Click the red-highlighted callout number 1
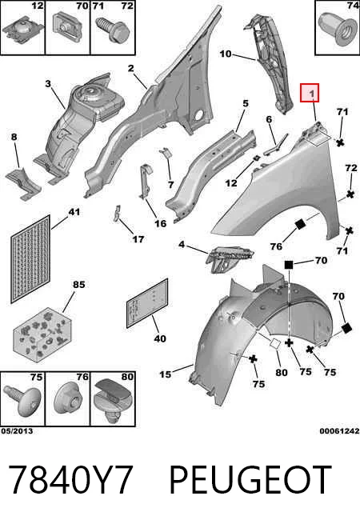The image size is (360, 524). pos(312,94)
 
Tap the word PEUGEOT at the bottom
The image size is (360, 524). pos(250,480)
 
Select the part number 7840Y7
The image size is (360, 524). pos(71,480)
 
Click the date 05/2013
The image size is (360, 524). pos(17,430)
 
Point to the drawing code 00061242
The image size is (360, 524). pos(339,430)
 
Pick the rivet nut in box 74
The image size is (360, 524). pos(338,29)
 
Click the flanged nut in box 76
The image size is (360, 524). pos(68,398)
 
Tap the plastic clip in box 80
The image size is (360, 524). pos(112,401)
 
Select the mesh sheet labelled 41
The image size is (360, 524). pos(30,259)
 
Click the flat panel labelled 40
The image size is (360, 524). pos(147,303)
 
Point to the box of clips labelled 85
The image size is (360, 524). pos(42,335)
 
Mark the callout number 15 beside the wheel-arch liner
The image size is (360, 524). pos(165,374)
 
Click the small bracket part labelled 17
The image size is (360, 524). pos(117,214)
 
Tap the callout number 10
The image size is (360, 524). pos(226,54)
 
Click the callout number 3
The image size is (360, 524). pos(48,83)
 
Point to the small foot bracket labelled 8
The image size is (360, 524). pos(24,184)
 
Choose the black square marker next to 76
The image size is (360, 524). pos(300,224)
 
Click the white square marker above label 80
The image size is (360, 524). pos(276,344)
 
